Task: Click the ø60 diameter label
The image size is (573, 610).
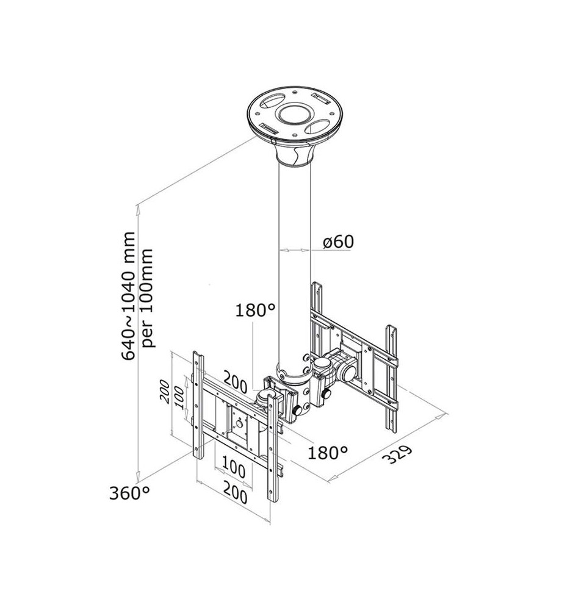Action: pos(338,241)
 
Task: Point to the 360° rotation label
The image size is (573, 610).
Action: pos(130,492)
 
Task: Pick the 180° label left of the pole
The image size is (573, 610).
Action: pos(256,310)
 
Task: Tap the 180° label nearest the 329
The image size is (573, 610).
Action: pos(328,452)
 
